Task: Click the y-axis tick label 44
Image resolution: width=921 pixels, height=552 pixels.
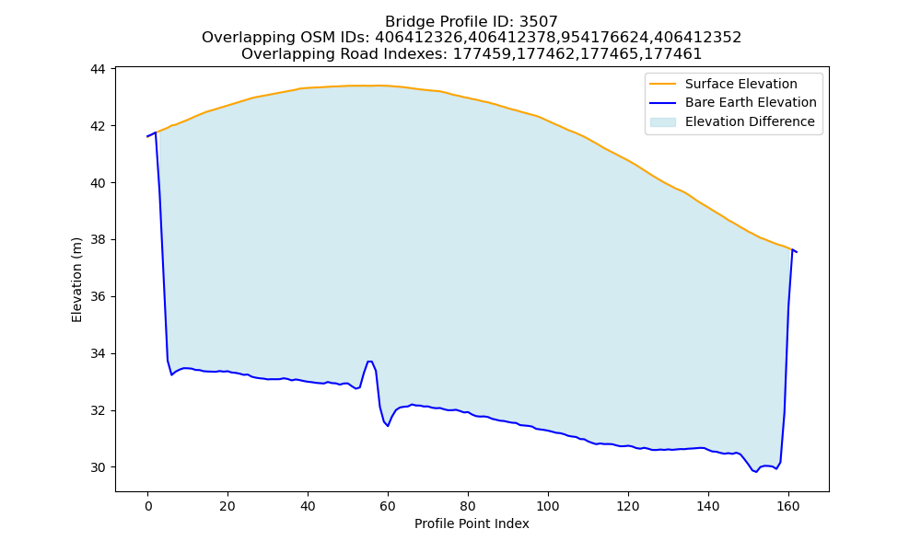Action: click(98, 69)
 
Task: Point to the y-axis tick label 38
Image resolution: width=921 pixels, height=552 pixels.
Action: click(98, 240)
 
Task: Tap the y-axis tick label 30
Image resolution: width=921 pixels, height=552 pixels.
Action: click(98, 467)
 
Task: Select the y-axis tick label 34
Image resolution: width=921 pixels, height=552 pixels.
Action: click(98, 353)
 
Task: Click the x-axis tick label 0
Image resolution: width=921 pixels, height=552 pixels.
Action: click(148, 506)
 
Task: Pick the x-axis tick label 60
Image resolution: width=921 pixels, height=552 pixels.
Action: click(388, 506)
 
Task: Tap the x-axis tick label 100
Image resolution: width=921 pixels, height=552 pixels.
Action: click(548, 506)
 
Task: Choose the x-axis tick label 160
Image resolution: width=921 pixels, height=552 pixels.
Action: click(788, 506)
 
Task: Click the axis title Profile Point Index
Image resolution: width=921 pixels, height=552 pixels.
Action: click(472, 523)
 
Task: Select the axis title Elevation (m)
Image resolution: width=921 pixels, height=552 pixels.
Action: click(77, 280)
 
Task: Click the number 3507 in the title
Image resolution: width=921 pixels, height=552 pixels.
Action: click(539, 22)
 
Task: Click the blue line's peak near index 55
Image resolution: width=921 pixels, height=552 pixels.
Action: click(369, 362)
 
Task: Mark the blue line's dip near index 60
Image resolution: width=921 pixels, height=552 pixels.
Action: click(388, 426)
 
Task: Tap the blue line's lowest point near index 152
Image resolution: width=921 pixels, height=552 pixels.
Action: click(756, 472)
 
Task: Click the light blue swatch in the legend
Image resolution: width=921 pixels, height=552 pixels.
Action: click(662, 122)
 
